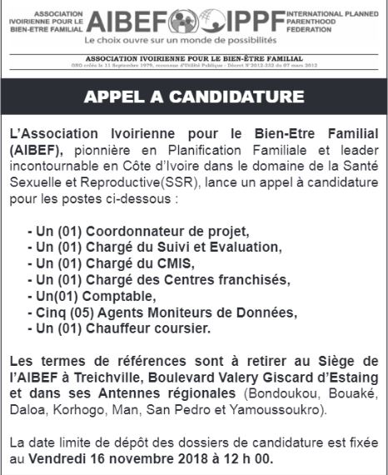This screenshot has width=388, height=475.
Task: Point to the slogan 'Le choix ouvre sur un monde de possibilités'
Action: pyautogui.click(x=184, y=39)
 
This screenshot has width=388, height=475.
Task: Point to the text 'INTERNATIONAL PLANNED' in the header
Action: pyautogui.click(x=331, y=15)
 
